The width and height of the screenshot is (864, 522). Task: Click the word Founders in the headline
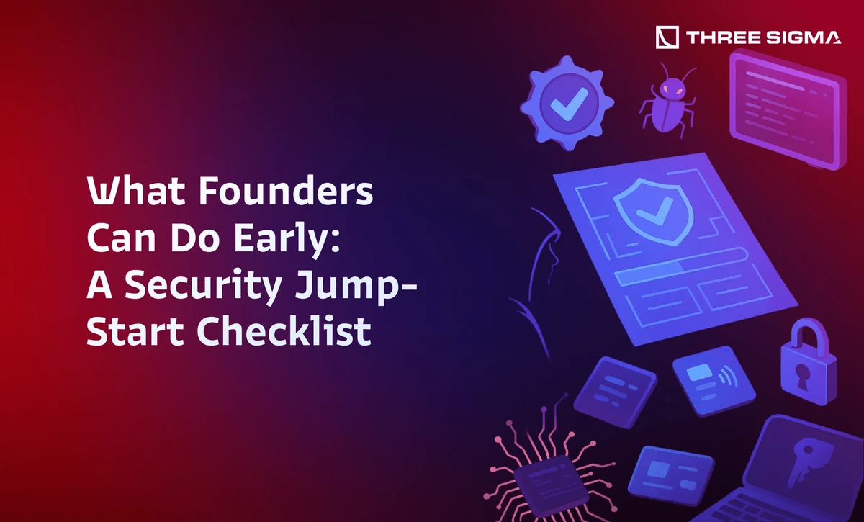pyautogui.click(x=286, y=191)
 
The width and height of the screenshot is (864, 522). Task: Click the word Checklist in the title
pyautogui.click(x=284, y=330)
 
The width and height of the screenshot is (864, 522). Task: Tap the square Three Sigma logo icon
pyautogui.click(x=667, y=37)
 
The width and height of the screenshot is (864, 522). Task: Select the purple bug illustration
pyautogui.click(x=668, y=100)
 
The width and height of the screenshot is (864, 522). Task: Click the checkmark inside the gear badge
pyautogui.click(x=569, y=104)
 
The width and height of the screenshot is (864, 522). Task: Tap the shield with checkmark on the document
pyautogui.click(x=652, y=211)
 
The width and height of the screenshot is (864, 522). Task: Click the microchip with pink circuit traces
pyautogui.click(x=549, y=478)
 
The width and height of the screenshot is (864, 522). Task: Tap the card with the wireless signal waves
pyautogui.click(x=714, y=380)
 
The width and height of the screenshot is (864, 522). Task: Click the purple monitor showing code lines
pyautogui.click(x=788, y=109)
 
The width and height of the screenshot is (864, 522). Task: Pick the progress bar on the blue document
pyautogui.click(x=680, y=266)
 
